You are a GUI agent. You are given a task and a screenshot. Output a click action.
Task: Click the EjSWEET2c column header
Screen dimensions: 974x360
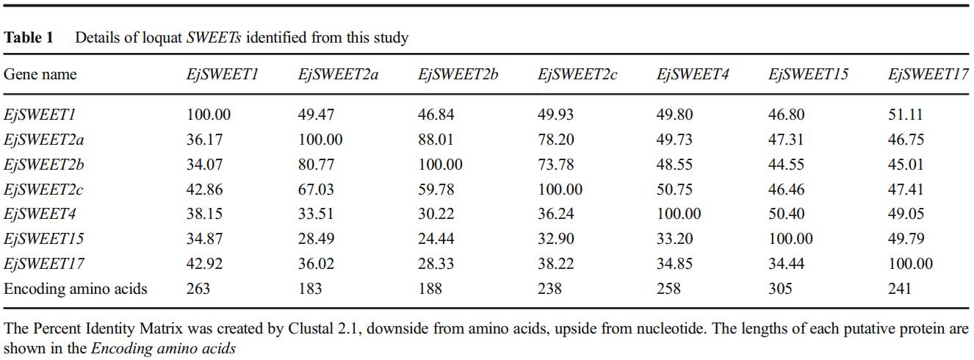(577, 74)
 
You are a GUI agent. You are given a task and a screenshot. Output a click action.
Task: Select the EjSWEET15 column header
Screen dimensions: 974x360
(808, 74)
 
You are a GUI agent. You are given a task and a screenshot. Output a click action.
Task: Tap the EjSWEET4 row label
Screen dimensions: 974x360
(40, 214)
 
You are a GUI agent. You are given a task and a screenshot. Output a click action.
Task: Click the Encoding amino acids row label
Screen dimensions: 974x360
(75, 289)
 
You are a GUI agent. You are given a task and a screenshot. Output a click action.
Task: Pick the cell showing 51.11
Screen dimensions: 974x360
(905, 115)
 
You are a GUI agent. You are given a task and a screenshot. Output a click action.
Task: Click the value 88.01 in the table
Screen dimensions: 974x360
(436, 140)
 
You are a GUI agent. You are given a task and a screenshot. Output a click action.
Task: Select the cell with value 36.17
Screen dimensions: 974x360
(204, 140)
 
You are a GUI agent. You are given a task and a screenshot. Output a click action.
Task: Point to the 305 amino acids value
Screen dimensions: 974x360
(780, 289)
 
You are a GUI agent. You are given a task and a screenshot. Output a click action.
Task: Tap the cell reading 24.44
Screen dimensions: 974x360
(436, 239)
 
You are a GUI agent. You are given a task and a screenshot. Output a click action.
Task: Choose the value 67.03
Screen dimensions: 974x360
(316, 190)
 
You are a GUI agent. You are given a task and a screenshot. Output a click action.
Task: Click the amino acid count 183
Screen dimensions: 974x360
(309, 289)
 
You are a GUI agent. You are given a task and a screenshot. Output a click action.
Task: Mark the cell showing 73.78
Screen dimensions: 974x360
(556, 165)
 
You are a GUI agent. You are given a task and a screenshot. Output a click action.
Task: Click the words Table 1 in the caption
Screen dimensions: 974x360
(28, 37)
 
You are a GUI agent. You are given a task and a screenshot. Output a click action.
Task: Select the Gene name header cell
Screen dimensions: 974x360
(40, 74)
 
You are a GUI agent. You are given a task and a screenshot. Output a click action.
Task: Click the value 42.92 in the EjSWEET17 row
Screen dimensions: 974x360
(204, 264)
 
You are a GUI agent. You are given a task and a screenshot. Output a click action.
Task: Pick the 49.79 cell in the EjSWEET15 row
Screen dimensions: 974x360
(906, 239)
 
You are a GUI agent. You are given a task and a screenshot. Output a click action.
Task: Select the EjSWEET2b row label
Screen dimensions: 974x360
(43, 165)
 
